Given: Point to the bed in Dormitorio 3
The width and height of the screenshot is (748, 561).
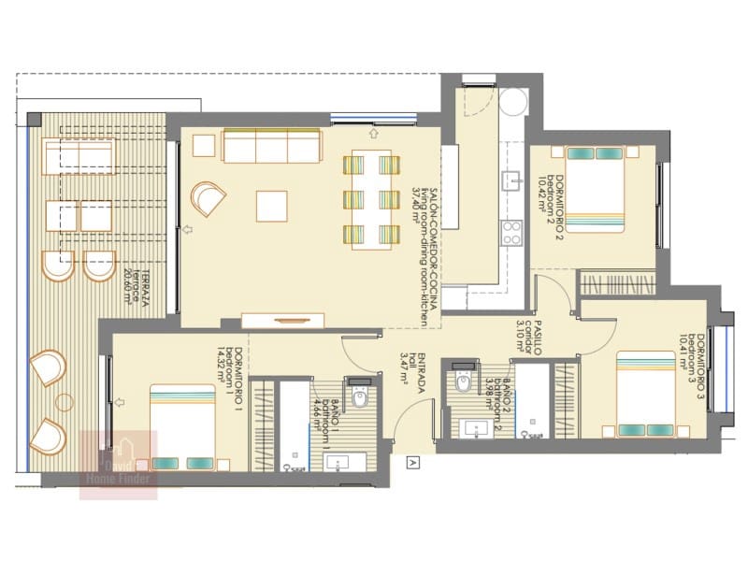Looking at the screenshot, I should pyautogui.click(x=645, y=394).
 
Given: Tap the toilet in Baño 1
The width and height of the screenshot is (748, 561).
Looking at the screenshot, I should pyautogui.click(x=360, y=396).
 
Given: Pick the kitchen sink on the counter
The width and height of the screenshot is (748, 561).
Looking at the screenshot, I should pyautogui.click(x=511, y=180).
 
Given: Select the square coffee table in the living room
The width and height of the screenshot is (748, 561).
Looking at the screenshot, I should pyautogui.click(x=273, y=205).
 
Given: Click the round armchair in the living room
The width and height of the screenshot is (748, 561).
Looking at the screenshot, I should pyautogui.click(x=208, y=199).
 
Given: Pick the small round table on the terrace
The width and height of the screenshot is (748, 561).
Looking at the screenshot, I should pyautogui.click(x=64, y=403).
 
